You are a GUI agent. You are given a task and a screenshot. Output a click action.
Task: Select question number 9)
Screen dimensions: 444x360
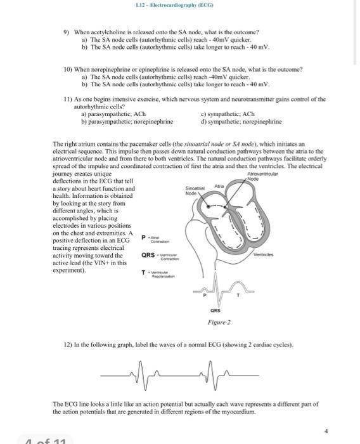(x=66, y=31)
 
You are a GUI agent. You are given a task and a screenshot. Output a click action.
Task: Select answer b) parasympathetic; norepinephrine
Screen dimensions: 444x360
(x=131, y=121)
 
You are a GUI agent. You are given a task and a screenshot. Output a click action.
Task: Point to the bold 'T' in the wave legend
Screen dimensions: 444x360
(x=143, y=273)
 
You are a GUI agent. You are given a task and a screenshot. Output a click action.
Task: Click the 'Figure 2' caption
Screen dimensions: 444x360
(x=220, y=323)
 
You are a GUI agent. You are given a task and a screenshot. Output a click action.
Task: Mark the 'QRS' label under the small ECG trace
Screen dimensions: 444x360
(x=215, y=311)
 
